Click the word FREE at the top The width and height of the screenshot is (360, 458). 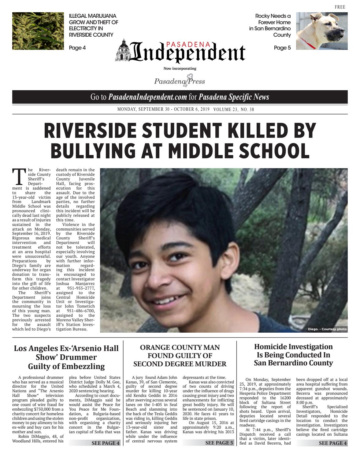click(x=340, y=7)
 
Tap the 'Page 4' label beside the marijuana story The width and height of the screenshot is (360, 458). click(x=77, y=48)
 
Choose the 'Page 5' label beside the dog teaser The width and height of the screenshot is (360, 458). click(x=282, y=48)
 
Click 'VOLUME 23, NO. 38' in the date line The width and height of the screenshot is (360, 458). click(x=234, y=109)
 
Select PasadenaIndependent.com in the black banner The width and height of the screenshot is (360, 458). click(x=147, y=97)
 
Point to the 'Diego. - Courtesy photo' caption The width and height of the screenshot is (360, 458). click(x=327, y=329)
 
